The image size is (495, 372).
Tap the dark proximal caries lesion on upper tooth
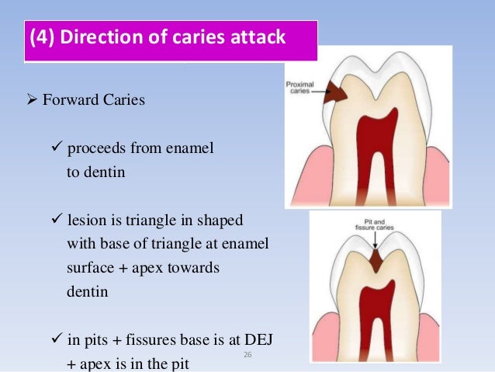click(335, 92)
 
